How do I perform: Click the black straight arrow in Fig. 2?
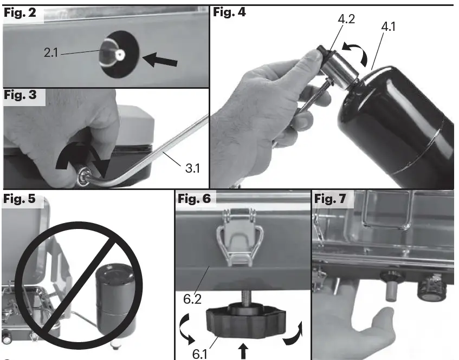163,57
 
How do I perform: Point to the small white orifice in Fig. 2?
119,54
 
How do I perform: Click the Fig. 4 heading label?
230,12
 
